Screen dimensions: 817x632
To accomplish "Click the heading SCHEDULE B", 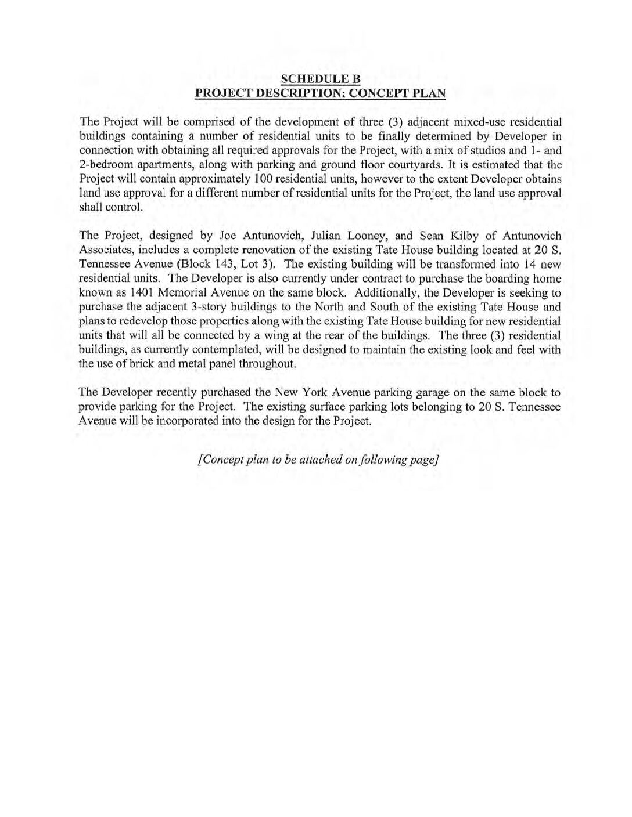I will coord(321,79).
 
